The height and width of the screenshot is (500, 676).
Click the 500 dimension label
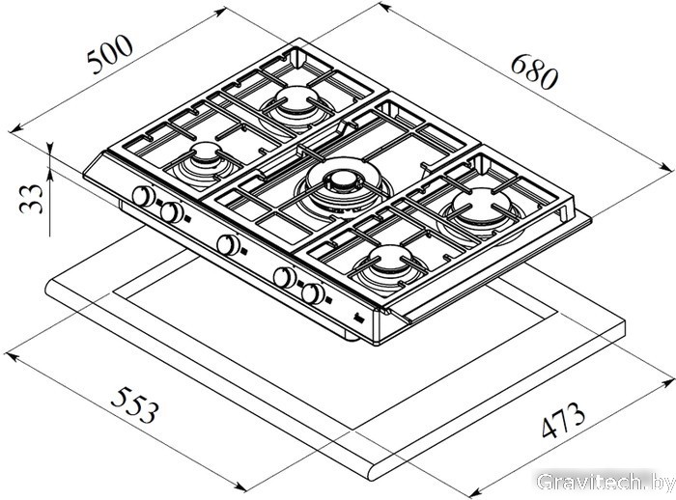(x=109, y=55)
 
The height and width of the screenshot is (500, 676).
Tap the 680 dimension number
(x=535, y=72)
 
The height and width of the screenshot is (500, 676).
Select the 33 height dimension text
(x=32, y=199)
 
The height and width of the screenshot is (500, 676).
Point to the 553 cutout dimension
(x=135, y=404)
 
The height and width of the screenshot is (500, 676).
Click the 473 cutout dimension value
(x=563, y=419)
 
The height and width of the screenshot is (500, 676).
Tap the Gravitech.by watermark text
(x=604, y=481)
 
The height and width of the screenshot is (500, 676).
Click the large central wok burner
(x=344, y=184)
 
